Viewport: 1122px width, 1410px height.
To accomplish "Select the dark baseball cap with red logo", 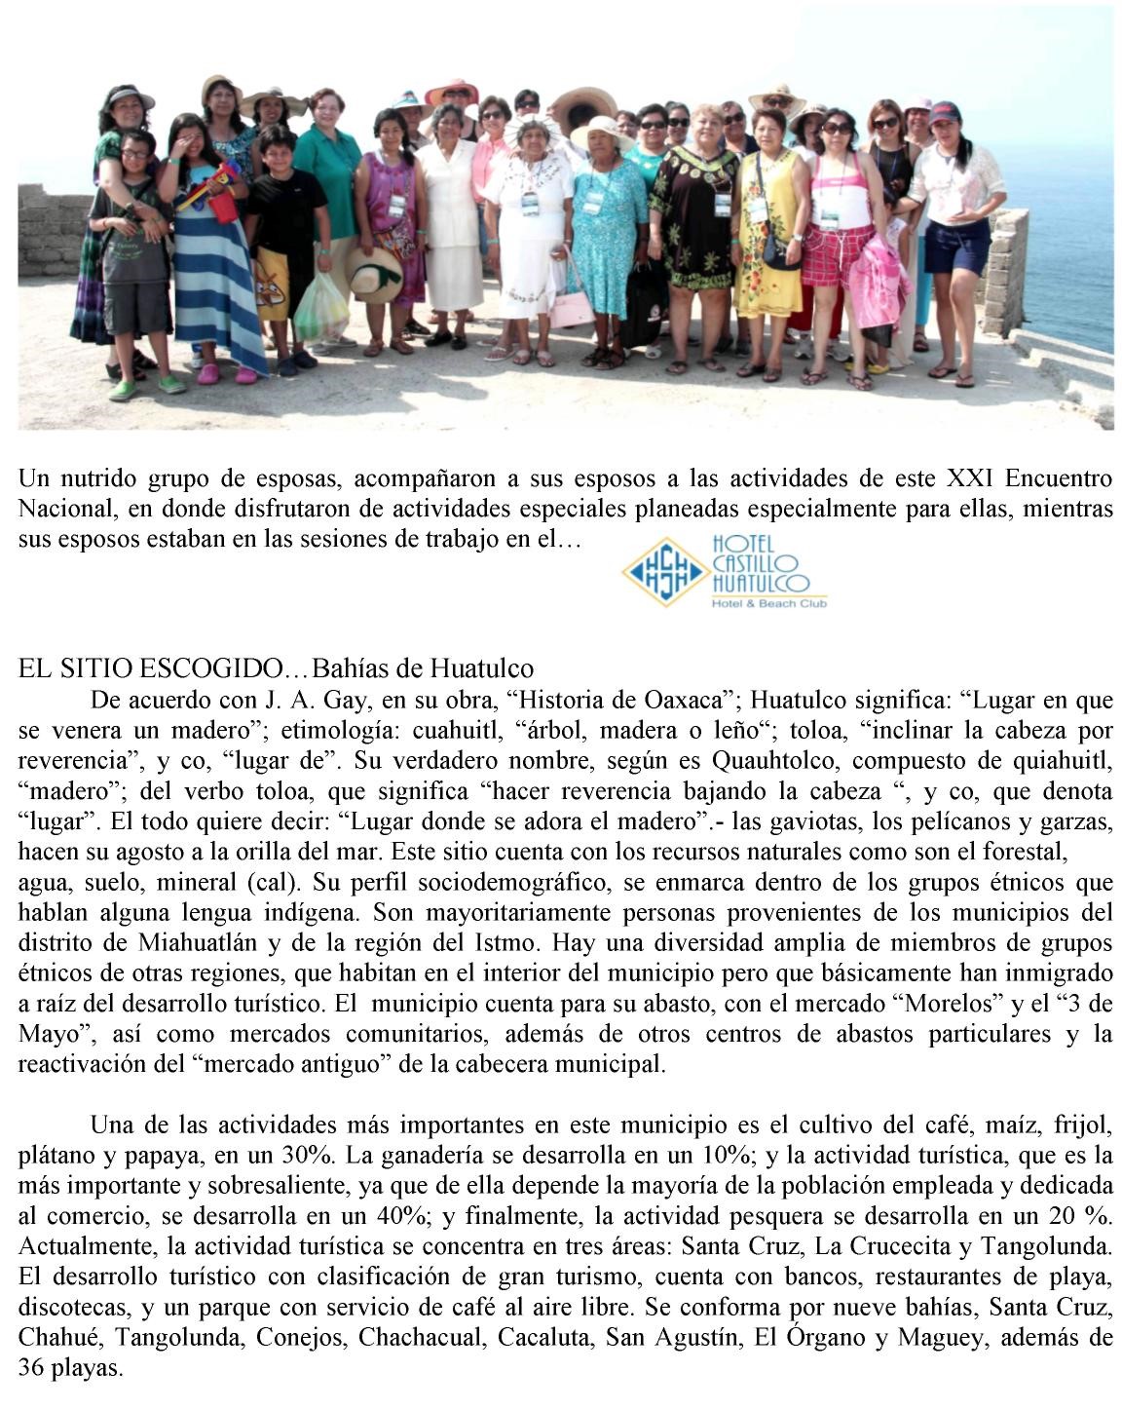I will click(943, 115).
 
